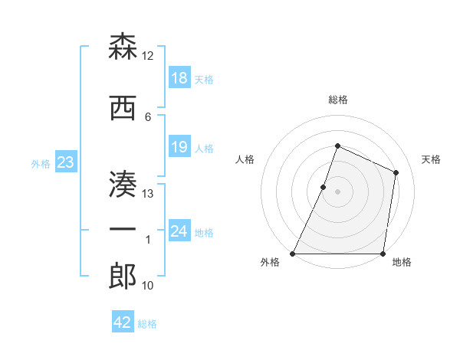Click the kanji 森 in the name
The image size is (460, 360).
pyautogui.click(x=123, y=47)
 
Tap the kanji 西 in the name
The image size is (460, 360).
pyautogui.click(x=123, y=107)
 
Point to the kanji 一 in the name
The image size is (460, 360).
pyautogui.click(x=123, y=230)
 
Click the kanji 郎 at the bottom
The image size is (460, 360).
pyautogui.click(x=123, y=277)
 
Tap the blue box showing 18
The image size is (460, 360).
pyautogui.click(x=179, y=78)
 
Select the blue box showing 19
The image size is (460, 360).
pyautogui.click(x=179, y=147)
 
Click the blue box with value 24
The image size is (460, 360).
pyautogui.click(x=179, y=231)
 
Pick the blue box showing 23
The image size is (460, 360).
pyautogui.click(x=65, y=162)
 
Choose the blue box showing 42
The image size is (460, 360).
pyautogui.click(x=123, y=322)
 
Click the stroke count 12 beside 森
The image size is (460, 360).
pyautogui.click(x=148, y=56)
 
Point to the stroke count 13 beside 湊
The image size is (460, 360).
pyautogui.click(x=148, y=193)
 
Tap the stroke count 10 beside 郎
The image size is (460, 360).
pyautogui.click(x=148, y=286)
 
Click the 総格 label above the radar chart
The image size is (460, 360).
pyautogui.click(x=337, y=100)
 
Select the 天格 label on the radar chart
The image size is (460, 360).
pyautogui.click(x=431, y=159)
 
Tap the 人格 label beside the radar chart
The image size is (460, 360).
pyautogui.click(x=245, y=159)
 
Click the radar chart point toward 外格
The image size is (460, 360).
pyautogui.click(x=293, y=254)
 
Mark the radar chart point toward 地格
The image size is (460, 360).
pyautogui.click(x=383, y=254)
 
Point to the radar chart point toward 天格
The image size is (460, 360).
pyautogui.click(x=396, y=172)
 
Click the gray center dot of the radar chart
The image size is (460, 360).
pyautogui.click(x=337, y=191)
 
